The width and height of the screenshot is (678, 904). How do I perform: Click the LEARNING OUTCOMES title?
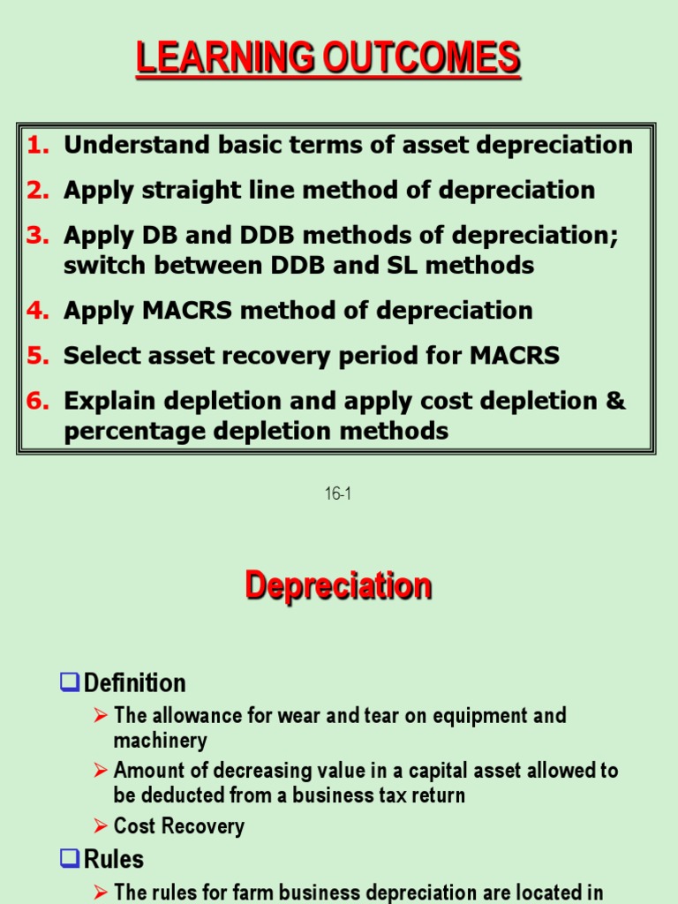click(x=328, y=59)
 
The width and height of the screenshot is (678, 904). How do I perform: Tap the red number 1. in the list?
click(x=37, y=145)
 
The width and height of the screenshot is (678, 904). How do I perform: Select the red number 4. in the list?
click(x=37, y=311)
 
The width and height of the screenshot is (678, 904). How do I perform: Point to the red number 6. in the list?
click(x=37, y=401)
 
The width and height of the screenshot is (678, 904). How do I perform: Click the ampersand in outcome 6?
click(x=615, y=401)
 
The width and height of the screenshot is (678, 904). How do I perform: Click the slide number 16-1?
click(x=338, y=494)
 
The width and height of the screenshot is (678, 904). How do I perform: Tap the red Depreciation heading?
click(x=338, y=585)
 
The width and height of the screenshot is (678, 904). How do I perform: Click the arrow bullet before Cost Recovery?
click(x=101, y=825)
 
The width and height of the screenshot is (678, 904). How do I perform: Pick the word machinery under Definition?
click(x=160, y=741)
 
